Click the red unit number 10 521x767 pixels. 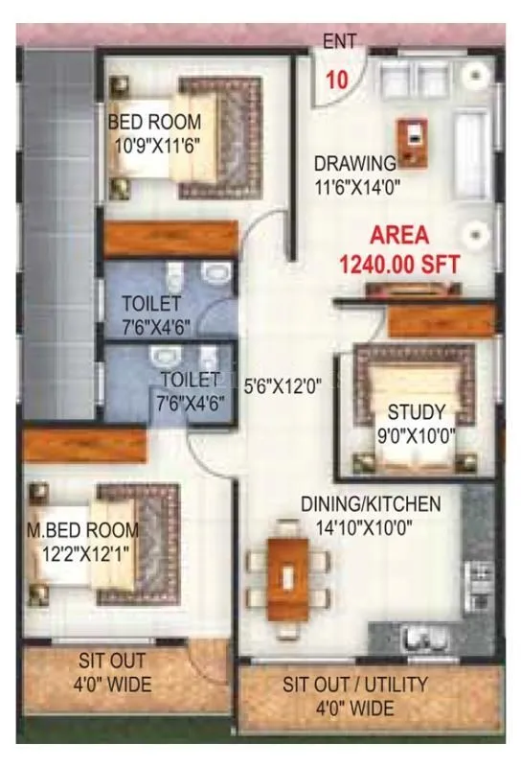336,80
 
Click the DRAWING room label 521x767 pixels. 354,163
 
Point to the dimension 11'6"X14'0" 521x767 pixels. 354,188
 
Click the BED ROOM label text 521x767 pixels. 154,123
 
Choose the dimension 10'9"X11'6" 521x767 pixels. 154,148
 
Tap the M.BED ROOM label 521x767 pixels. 81,530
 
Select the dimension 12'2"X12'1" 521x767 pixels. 81,554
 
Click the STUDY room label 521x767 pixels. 416,413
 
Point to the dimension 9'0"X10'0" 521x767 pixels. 415,437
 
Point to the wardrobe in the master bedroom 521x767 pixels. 84,444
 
